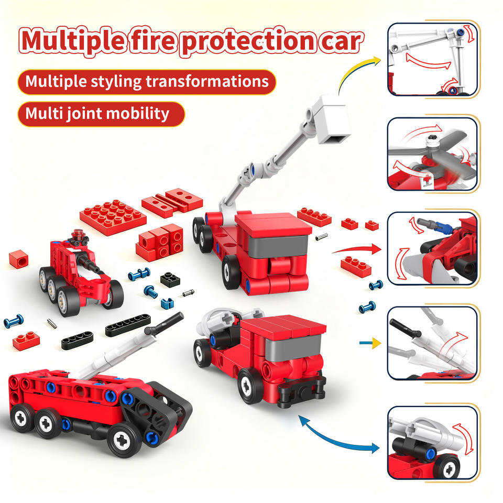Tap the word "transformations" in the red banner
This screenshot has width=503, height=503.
(x=207, y=81)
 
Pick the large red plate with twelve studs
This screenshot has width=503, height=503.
(x=113, y=217)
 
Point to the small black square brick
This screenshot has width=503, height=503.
(x=170, y=279)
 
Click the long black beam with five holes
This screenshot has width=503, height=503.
(x=128, y=325)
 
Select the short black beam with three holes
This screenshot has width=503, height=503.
(x=78, y=340)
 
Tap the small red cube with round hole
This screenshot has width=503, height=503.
(x=19, y=259)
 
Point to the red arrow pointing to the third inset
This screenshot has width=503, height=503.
(x=357, y=248)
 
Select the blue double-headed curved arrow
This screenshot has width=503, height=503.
(x=337, y=435)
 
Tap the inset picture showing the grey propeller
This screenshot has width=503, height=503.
(x=432, y=154)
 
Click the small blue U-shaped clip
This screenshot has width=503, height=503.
(x=167, y=303)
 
